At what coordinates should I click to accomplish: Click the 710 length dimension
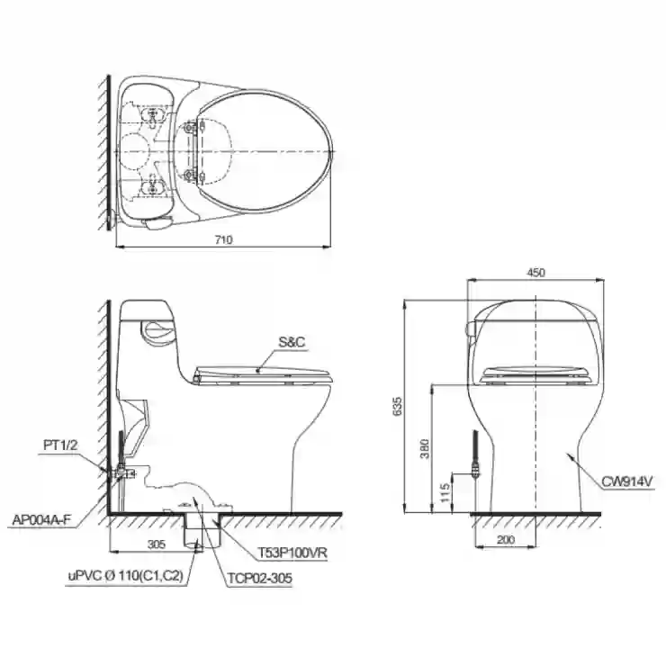pyautogui.click(x=223, y=240)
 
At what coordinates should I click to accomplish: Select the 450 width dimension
pyautogui.click(x=535, y=273)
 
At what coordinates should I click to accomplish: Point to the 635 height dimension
pyautogui.click(x=397, y=406)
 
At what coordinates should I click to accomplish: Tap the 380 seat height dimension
pyautogui.click(x=424, y=448)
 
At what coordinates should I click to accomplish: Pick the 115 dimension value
pyautogui.click(x=445, y=492)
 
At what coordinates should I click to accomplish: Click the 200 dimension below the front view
pyautogui.click(x=506, y=539)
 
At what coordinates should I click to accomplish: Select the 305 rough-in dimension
pyautogui.click(x=157, y=544)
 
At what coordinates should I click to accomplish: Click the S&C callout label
pyautogui.click(x=292, y=342)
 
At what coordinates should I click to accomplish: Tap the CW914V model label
pyautogui.click(x=626, y=481)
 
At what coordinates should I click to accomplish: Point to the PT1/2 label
pyautogui.click(x=60, y=445)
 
